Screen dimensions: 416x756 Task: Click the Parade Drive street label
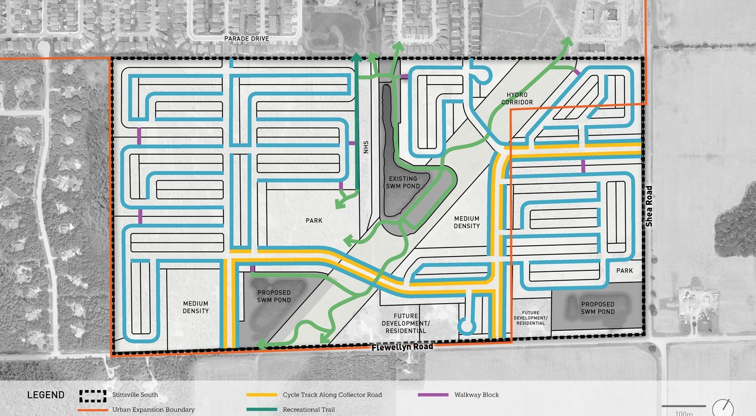pos(246,38)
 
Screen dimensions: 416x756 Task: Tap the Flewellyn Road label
pos(402,347)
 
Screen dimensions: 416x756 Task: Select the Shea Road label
pos(649,206)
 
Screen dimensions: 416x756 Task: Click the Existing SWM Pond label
pos(403,183)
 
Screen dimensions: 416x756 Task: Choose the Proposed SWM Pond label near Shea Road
pos(597,308)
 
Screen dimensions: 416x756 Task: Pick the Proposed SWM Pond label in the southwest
pos(274,296)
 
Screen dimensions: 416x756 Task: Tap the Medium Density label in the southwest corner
pos(195,307)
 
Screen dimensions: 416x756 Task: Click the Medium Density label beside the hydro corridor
pos(467,222)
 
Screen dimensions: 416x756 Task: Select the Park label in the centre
pos(314,220)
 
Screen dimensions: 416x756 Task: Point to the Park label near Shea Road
pos(624,271)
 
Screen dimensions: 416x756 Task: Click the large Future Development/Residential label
pos(421,324)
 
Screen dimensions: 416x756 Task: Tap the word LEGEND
pos(45,395)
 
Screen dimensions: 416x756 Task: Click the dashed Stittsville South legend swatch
pos(93,395)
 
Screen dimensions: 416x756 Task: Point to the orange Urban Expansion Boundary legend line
pos(93,409)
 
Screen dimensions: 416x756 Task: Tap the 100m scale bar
pos(683,407)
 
